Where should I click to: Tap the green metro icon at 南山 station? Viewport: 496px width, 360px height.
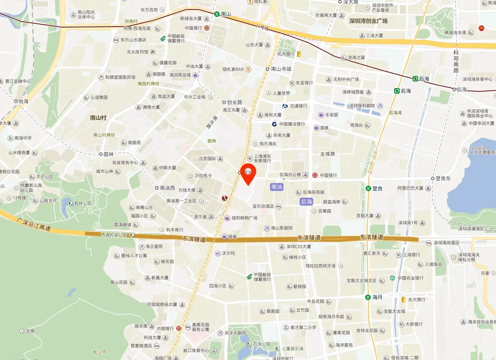[x=216, y=14]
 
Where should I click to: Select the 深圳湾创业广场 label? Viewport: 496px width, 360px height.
[x=368, y=21]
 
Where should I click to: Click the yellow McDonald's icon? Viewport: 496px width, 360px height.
[x=482, y=28]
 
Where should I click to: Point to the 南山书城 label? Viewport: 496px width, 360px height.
[x=281, y=69]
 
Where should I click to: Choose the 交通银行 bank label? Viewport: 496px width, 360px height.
[x=298, y=106]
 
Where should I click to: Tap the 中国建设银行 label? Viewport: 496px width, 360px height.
[x=292, y=124]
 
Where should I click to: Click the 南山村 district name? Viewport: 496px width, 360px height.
[x=98, y=118]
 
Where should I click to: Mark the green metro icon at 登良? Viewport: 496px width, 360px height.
[x=368, y=188]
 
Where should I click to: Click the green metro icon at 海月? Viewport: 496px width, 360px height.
[x=368, y=297]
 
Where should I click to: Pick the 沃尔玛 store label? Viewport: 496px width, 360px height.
[x=228, y=253]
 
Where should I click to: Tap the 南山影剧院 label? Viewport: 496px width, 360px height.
[x=282, y=228]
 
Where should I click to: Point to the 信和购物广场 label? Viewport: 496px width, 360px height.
[x=244, y=218]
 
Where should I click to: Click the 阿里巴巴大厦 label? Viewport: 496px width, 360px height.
[x=411, y=188]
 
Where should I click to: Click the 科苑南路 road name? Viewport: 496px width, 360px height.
[x=456, y=62]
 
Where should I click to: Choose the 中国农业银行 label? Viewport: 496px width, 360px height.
[x=410, y=278]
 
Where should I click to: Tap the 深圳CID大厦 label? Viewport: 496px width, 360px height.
[x=298, y=247]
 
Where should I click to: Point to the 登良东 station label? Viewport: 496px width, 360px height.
[x=443, y=178]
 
